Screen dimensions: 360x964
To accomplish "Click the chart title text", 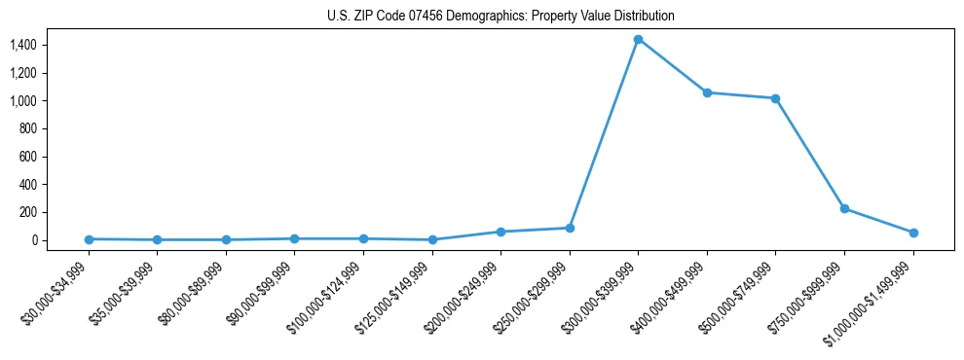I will point(501,17).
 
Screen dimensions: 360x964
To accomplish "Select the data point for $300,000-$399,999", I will point(638,39).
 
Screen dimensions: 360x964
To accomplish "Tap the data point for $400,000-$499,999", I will point(707,92).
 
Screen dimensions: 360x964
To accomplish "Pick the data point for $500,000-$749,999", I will point(775,98).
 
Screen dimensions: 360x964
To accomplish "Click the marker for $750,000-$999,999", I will point(844,208).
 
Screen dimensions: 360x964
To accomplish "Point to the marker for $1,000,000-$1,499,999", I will point(913,233).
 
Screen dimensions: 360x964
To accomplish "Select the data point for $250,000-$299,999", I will point(570,228).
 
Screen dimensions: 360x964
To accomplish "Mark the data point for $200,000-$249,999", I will point(501,232).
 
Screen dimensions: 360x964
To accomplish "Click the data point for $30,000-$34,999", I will point(89,239).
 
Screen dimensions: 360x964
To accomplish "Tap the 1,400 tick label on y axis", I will point(22,45).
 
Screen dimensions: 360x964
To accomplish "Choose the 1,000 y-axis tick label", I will point(22,101).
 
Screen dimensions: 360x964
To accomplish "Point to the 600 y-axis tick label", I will point(27,157).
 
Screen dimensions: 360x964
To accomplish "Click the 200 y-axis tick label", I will point(27,212).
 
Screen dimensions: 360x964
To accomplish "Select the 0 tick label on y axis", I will point(32,240).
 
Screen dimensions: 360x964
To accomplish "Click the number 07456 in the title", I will point(437,17).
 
